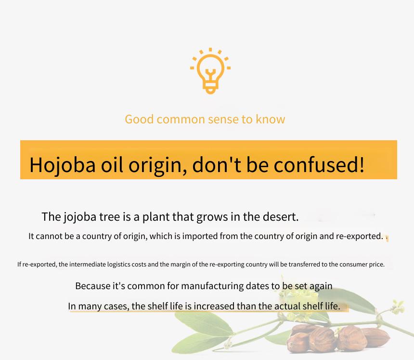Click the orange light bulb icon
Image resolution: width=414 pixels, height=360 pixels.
(x=210, y=71)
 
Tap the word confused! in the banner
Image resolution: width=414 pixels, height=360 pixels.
(x=319, y=164)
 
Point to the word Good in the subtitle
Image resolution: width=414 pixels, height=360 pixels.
(x=139, y=119)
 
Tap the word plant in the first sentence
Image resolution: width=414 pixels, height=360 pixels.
(x=156, y=217)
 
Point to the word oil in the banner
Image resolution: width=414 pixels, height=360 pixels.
(x=112, y=164)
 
